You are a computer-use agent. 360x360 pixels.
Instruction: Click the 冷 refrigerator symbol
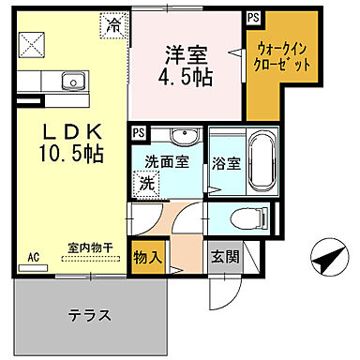pyautogui.click(x=113, y=24)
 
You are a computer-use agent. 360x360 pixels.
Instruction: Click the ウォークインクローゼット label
pyautogui.click(x=282, y=57)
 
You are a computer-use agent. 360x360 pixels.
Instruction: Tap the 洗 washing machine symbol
pyautogui.click(x=146, y=184)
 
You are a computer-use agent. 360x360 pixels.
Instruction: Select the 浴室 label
pyautogui.click(x=226, y=161)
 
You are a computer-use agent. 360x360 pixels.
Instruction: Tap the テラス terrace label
pyautogui.click(x=91, y=314)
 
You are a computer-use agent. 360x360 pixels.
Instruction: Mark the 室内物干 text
pyautogui.click(x=90, y=249)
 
